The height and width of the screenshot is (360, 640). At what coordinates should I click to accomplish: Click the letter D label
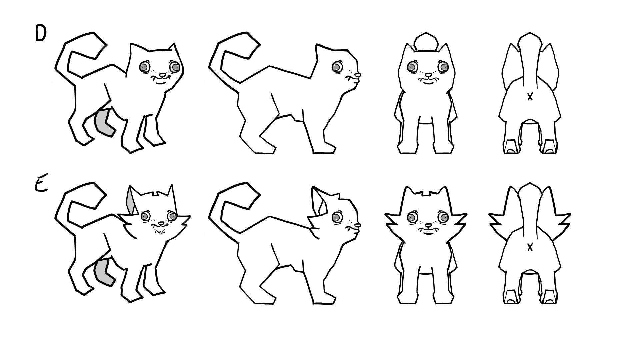tap(40, 34)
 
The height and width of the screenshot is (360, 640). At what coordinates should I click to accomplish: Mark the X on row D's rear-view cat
tap(530, 97)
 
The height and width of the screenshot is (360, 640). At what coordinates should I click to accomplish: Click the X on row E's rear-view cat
tap(530, 247)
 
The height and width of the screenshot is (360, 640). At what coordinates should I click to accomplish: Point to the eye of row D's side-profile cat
tap(337, 67)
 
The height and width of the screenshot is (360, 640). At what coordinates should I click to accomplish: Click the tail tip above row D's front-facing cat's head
tap(426, 41)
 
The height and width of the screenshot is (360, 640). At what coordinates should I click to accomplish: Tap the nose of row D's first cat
tap(162, 75)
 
